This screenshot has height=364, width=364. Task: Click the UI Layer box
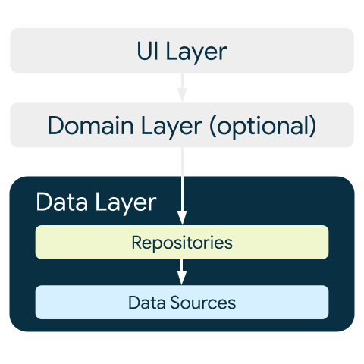(x=76, y=51)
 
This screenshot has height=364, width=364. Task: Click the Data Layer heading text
(x=96, y=202)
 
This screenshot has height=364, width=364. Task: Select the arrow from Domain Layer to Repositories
(x=182, y=182)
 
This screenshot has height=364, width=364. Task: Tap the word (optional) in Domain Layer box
(x=262, y=125)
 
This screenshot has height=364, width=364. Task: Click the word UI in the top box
(x=148, y=51)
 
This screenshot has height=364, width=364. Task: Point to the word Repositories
(x=182, y=243)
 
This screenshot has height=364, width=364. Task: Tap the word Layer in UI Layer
(x=195, y=51)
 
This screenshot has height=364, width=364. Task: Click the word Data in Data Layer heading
(x=58, y=202)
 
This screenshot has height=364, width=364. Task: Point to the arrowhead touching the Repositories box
(x=182, y=219)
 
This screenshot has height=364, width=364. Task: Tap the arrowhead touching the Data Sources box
(x=182, y=280)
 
